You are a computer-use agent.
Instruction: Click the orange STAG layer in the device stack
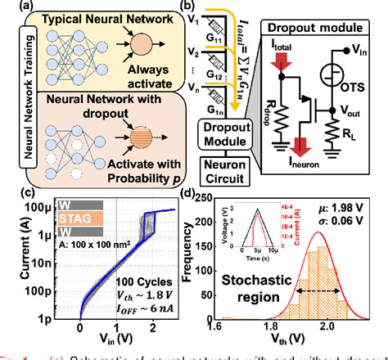point(79,218)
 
